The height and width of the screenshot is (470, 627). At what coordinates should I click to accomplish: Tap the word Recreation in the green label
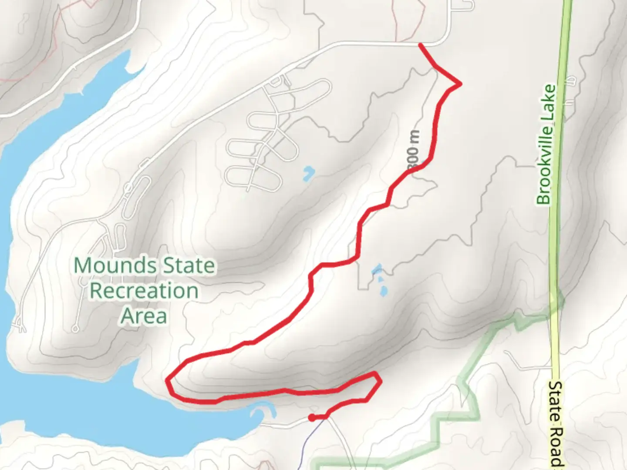[x=144, y=291]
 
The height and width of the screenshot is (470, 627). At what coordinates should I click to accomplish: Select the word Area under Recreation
[x=144, y=316]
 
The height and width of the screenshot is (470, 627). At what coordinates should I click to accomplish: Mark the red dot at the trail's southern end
[x=311, y=418]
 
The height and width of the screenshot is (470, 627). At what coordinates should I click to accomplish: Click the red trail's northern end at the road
[x=420, y=44]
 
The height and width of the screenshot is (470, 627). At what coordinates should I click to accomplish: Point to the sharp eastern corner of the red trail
[x=460, y=84]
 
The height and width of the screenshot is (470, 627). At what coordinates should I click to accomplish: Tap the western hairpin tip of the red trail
[x=168, y=381]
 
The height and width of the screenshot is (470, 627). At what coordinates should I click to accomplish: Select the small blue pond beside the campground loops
[x=308, y=173]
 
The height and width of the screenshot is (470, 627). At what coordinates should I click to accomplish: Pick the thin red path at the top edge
[x=396, y=22]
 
